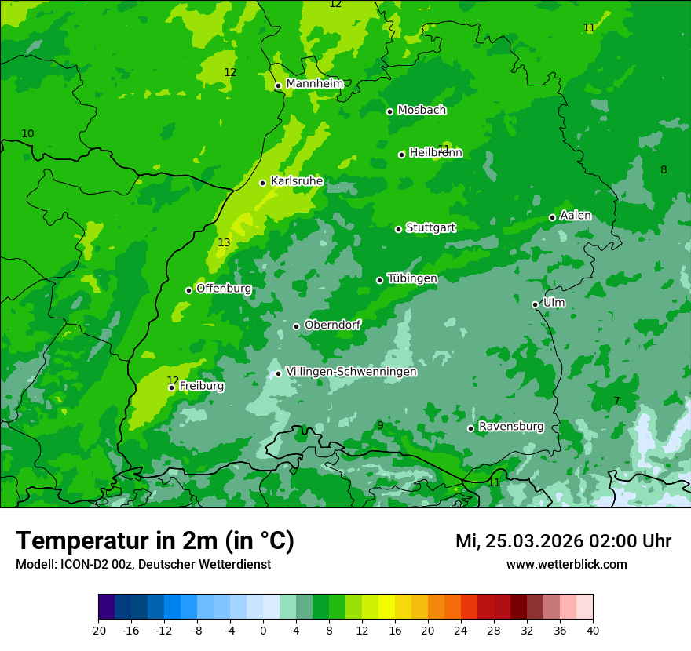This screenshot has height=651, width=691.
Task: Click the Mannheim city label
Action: pos(314,84)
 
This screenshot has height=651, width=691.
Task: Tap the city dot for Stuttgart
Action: pos(399,229)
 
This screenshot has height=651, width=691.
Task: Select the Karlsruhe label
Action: pos(297,181)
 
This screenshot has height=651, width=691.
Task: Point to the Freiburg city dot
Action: pos(171,387)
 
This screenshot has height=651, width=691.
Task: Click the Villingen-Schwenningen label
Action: pos(351,372)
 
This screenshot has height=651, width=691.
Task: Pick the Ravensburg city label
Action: pos(511,427)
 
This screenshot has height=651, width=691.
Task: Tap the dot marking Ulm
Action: pos(536,304)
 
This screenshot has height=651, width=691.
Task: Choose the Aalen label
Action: pos(576,216)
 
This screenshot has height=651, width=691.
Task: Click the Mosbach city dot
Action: pos(389,111)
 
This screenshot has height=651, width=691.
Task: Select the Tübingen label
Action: pos(412,278)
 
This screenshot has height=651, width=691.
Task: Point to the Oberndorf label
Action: pos(333,325)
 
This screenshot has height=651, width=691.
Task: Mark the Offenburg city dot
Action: pos(188,290)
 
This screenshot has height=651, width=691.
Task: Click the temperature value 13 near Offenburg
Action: pos(224,243)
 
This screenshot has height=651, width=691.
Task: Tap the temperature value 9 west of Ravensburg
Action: pos(380,426)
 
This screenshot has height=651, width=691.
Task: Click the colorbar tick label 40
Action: pos(593,630)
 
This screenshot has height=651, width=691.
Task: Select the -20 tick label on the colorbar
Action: pos(98,630)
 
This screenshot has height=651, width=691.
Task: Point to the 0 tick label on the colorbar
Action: pos(263,630)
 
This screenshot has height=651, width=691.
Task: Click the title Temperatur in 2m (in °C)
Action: pos(155,541)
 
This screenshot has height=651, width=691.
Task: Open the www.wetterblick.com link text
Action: pos(566,564)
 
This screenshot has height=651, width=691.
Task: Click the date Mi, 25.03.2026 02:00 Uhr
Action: pos(563,541)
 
